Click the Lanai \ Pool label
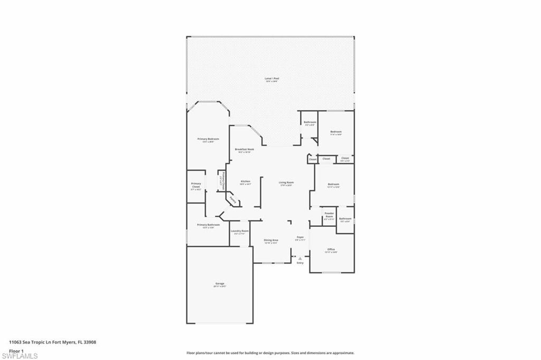point(272,78)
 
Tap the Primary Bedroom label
point(208,139)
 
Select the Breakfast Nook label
point(245,150)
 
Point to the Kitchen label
point(245,181)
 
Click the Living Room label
point(286,182)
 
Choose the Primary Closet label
point(196,185)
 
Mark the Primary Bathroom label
point(208,225)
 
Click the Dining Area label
point(271,240)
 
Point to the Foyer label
point(300,237)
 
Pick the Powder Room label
point(329,215)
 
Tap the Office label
point(331,249)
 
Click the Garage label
point(219,283)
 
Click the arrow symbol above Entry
point(300,259)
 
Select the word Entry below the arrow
point(300,263)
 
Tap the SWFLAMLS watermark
point(20,356)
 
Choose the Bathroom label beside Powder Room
point(346,218)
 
